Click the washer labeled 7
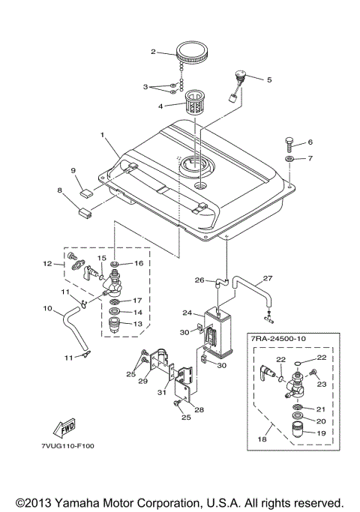click(x=289, y=159)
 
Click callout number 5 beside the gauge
click(x=269, y=78)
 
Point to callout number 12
click(x=46, y=263)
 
